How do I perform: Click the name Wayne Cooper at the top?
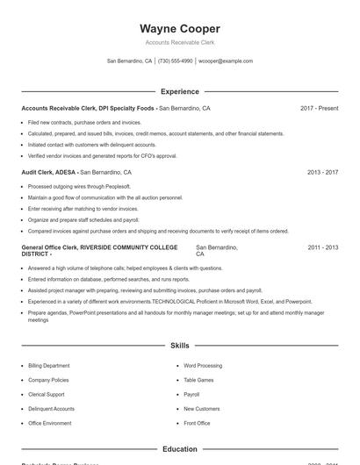point(179,29)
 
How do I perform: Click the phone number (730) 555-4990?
point(175,61)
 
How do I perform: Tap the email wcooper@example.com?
point(226,61)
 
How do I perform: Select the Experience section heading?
point(179,91)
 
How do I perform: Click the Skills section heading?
point(179,346)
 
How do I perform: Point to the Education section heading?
point(179,449)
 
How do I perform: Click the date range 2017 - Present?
point(319,108)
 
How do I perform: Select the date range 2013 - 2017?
point(322,173)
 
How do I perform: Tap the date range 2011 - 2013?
point(322,248)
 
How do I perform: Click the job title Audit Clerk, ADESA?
point(48,173)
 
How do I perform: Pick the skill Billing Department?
point(49,365)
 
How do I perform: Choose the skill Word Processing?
point(203,365)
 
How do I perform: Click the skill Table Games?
point(198,380)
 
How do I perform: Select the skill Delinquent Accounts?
point(51,409)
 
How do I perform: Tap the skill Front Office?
point(197,423)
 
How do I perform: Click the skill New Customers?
point(201,409)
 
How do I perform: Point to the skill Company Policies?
point(48,380)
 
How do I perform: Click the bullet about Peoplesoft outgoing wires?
point(79,187)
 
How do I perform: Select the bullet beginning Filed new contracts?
point(84,122)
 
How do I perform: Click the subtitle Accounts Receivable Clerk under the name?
point(179,42)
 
